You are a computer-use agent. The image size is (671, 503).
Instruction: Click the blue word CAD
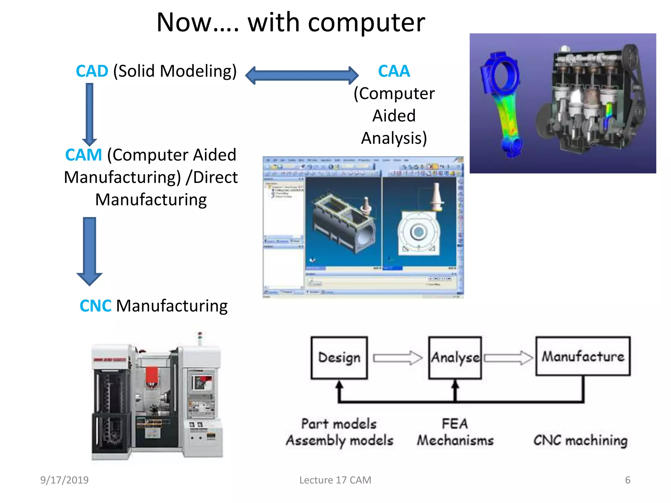[x=92, y=71]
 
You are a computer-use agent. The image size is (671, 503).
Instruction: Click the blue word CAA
[x=394, y=71]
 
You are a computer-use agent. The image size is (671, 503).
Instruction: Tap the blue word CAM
[x=84, y=155]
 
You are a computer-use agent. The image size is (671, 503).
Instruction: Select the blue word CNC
[x=95, y=306]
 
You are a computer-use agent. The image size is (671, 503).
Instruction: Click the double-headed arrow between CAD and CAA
[x=302, y=75]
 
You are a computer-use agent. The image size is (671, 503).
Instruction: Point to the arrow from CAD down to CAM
[x=89, y=113]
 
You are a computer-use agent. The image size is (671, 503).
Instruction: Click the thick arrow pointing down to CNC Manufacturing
[x=89, y=251]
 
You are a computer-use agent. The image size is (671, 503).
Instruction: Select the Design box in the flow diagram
[x=339, y=358]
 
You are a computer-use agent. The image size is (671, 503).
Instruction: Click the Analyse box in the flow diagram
[x=455, y=358]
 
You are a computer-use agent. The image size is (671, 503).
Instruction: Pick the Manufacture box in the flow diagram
[x=583, y=356]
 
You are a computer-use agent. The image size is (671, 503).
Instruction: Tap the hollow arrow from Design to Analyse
[x=397, y=358]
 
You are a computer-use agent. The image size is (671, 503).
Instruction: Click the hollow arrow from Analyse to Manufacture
[x=508, y=358]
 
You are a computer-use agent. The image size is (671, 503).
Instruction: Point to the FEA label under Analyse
[x=455, y=424]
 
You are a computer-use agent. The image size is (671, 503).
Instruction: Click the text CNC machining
[x=580, y=440]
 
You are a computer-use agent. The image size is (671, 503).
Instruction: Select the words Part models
[x=339, y=424]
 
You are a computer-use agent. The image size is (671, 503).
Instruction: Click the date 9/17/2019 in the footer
[x=64, y=480]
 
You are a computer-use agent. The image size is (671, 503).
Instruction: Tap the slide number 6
[x=627, y=480]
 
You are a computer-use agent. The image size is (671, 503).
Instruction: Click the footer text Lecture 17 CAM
[x=335, y=480]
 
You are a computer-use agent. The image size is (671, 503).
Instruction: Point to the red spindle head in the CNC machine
[x=152, y=377]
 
